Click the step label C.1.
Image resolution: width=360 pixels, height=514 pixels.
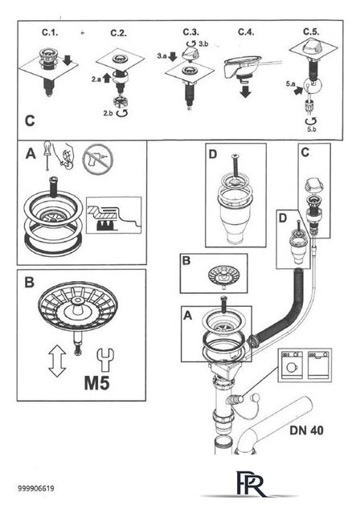click(50, 32)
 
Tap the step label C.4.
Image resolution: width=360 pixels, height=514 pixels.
click(246, 32)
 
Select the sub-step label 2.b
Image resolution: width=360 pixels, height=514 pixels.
click(108, 113)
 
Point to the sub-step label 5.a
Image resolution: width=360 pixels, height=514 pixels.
click(290, 84)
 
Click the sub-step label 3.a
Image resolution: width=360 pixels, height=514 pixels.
click(162, 56)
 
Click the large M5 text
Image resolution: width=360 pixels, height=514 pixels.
click(96, 382)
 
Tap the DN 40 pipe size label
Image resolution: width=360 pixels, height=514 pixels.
click(306, 430)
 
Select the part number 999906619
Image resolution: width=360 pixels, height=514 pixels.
click(35, 488)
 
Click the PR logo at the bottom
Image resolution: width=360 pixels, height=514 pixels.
click(251, 483)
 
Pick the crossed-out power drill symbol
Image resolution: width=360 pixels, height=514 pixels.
click(98, 161)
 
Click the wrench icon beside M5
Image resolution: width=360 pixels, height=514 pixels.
click(105, 360)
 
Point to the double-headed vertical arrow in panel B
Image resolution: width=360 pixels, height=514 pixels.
click(57, 361)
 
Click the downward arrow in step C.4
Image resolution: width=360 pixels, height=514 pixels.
click(245, 92)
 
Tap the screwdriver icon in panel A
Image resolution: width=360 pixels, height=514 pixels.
click(47, 155)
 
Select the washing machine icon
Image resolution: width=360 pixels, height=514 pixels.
click(291, 365)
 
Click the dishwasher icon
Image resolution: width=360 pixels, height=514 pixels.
click(318, 365)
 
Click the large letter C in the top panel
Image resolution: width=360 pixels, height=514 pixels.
click(30, 121)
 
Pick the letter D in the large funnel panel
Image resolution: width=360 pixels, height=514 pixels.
click(213, 154)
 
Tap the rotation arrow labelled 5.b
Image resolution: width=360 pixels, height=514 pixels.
click(310, 121)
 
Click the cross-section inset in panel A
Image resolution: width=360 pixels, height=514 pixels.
click(114, 215)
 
